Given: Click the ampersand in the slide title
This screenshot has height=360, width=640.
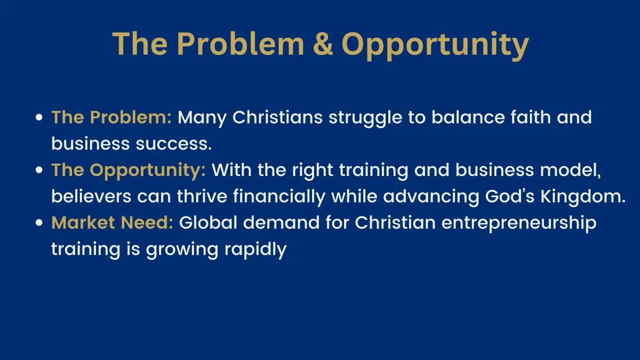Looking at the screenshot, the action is click(323, 43).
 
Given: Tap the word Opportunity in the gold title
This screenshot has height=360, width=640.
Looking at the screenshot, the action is click(435, 46).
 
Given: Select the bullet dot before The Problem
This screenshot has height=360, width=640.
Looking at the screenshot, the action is click(39, 117).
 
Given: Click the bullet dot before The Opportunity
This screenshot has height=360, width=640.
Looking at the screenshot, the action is click(39, 170).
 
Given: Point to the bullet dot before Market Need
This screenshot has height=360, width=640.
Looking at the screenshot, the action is click(39, 222).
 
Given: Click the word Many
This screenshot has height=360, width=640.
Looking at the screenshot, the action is click(202, 118).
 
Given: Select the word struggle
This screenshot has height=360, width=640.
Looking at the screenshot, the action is click(365, 118).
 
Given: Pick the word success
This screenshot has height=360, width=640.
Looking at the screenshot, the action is click(174, 143).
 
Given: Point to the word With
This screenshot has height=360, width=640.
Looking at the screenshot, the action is click(231, 170).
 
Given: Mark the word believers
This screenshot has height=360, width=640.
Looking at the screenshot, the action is click(91, 196).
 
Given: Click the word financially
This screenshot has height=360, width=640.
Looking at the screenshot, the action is click(279, 198).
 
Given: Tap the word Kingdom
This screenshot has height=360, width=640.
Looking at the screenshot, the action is click(583, 197).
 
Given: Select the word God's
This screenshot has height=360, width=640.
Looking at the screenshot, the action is click(509, 196).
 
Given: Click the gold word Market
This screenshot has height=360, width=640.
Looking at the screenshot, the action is click(83, 222).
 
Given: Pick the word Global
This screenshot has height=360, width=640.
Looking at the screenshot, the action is click(208, 222).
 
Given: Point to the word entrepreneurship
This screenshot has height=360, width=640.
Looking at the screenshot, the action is click(519, 224).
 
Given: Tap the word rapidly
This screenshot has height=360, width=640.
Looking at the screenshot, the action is click(255, 250).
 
